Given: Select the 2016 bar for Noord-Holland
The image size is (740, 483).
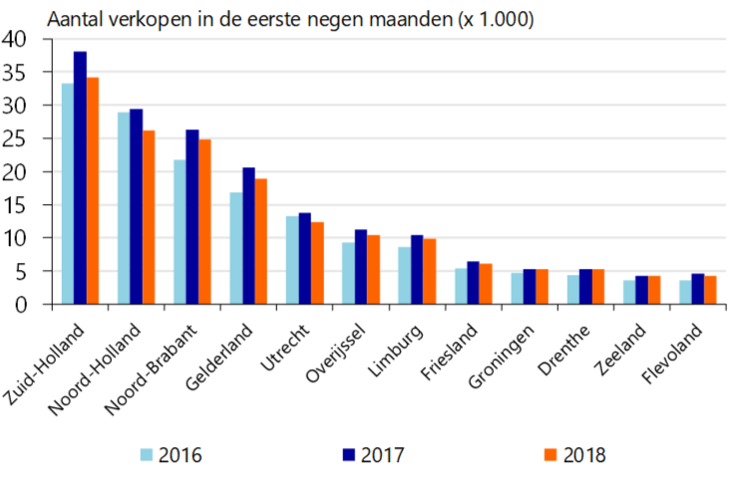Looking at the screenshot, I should [123, 208].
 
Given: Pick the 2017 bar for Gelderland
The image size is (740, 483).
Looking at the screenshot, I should [248, 235].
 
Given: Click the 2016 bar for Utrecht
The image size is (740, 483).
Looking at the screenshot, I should [292, 260].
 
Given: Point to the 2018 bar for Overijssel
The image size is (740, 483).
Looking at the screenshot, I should [373, 269].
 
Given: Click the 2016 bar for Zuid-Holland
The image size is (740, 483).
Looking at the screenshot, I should [67, 193].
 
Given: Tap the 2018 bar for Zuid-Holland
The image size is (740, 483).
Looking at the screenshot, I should [93, 190].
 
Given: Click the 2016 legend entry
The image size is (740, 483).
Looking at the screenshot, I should [171, 456].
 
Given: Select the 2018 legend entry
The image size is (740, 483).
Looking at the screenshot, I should [573, 456].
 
